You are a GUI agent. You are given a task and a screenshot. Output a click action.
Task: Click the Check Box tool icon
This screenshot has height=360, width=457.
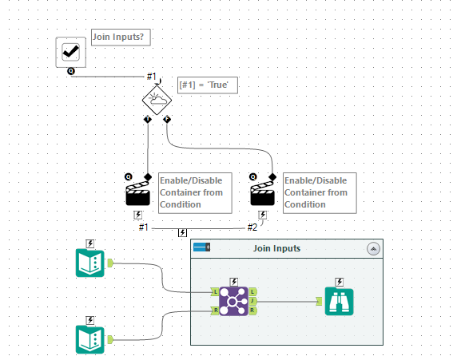[x=71, y=52]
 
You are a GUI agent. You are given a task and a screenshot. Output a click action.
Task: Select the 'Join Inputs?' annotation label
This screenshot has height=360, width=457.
[x=121, y=37]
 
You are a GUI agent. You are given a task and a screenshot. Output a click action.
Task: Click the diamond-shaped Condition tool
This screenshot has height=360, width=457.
[x=157, y=100]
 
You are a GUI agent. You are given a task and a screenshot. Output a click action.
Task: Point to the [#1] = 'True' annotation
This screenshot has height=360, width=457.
[x=209, y=85]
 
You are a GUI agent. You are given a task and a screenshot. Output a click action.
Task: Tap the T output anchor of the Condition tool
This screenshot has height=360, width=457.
[x=148, y=120]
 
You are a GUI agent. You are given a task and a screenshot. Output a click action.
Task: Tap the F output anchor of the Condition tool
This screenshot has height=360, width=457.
[x=167, y=120]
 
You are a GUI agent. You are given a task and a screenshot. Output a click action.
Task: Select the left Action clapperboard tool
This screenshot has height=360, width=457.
[x=137, y=193]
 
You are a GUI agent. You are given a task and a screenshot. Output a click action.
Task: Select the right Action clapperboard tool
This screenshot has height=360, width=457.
[x=263, y=193]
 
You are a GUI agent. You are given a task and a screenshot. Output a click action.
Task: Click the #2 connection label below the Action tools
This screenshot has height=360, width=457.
[x=252, y=227]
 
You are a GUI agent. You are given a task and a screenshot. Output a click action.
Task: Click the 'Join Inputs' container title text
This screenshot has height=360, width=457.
[x=277, y=248]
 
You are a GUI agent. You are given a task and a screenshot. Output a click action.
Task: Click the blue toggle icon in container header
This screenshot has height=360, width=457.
[x=201, y=247]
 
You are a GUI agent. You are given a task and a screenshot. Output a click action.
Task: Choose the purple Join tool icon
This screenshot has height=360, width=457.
[x=233, y=301]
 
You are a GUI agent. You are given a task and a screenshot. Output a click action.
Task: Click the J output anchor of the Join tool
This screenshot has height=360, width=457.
[x=252, y=301]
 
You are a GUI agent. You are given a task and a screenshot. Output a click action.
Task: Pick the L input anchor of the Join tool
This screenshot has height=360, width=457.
[x=214, y=292]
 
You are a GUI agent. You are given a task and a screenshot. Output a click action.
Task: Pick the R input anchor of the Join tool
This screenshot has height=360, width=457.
[x=214, y=310]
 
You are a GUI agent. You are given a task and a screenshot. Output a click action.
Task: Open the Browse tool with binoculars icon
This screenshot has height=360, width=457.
[x=340, y=301]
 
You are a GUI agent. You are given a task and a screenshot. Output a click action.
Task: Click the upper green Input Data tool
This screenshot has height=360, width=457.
[x=89, y=263]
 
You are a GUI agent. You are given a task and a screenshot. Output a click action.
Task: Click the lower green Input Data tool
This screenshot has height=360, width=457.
[x=89, y=339]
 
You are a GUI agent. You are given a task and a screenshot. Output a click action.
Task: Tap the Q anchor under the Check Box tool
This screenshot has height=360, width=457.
[x=71, y=71]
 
